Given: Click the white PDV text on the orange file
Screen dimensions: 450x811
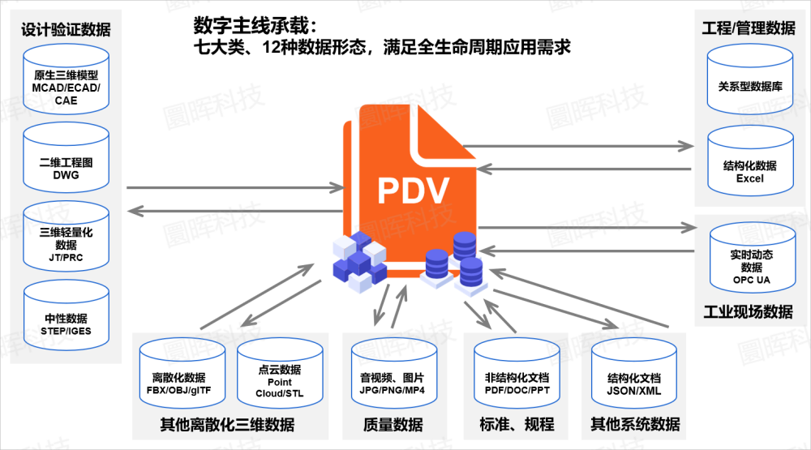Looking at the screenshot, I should (x=413, y=191).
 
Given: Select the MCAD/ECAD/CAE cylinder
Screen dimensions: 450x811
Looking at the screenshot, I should (x=67, y=82).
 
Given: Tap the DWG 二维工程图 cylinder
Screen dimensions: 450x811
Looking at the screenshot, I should (x=67, y=161).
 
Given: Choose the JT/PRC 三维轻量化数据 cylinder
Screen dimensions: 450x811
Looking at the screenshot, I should (x=67, y=238).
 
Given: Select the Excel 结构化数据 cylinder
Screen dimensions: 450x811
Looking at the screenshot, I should (x=750, y=166).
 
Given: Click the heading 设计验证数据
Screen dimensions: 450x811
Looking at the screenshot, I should (x=66, y=30).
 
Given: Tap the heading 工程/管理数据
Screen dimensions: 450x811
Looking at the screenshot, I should (x=748, y=28).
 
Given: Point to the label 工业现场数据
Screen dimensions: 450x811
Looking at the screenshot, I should (x=748, y=311).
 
